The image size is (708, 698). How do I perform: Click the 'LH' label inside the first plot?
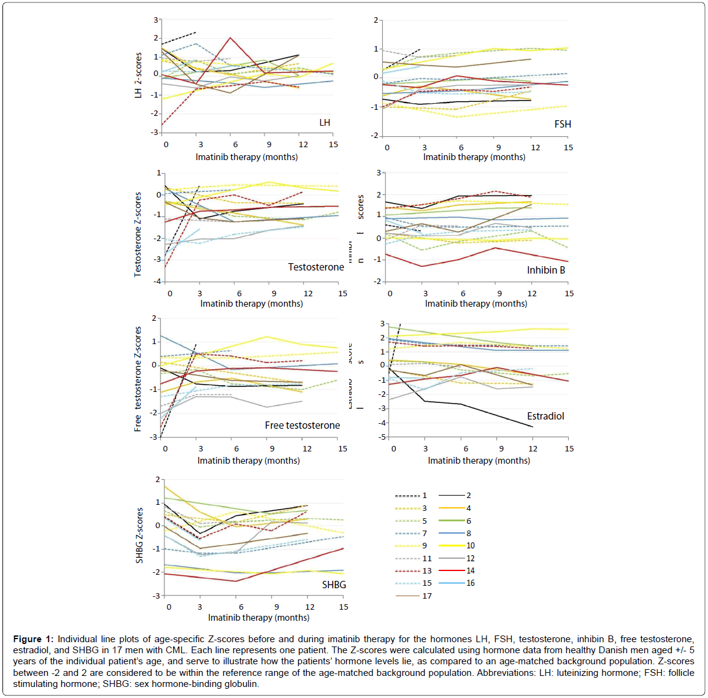click(325, 123)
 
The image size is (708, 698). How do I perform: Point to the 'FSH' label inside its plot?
click(562, 124)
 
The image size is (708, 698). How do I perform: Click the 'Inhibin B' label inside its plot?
click(545, 270)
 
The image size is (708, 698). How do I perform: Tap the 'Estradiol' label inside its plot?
click(545, 416)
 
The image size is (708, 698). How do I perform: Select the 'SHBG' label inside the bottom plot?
click(334, 585)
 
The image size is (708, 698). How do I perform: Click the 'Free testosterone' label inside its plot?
click(302, 425)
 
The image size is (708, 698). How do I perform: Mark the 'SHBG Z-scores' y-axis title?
click(140, 535)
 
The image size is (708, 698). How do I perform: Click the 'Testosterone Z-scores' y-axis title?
click(138, 234)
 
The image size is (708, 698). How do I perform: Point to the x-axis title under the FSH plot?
click(474, 157)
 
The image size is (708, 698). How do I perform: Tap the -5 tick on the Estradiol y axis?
click(383, 437)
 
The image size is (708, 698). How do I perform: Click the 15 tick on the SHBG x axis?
click(343, 607)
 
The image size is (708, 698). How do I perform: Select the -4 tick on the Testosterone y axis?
click(157, 281)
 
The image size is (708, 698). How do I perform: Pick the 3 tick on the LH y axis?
click(156, 20)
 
